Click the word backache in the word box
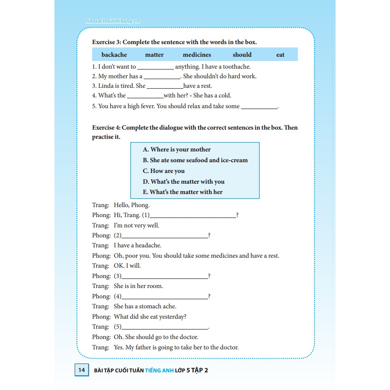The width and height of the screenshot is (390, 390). [x=114, y=55]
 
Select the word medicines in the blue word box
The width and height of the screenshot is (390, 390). [x=197, y=55]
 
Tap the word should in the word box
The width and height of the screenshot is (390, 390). [x=242, y=55]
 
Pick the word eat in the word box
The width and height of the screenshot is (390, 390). [x=280, y=55]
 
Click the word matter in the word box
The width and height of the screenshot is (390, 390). [x=155, y=55]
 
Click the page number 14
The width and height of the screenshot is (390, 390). [x=81, y=370]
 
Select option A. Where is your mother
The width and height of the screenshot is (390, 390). [x=177, y=150]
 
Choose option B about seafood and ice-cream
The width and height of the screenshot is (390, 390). [x=195, y=160]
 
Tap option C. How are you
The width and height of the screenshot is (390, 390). [x=164, y=171]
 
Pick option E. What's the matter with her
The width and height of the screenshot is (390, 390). [x=183, y=192]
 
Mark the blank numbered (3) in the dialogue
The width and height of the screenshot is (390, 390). [x=165, y=276]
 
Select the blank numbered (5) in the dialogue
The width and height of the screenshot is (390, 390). [x=165, y=327]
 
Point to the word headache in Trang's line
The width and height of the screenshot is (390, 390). [x=148, y=245]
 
